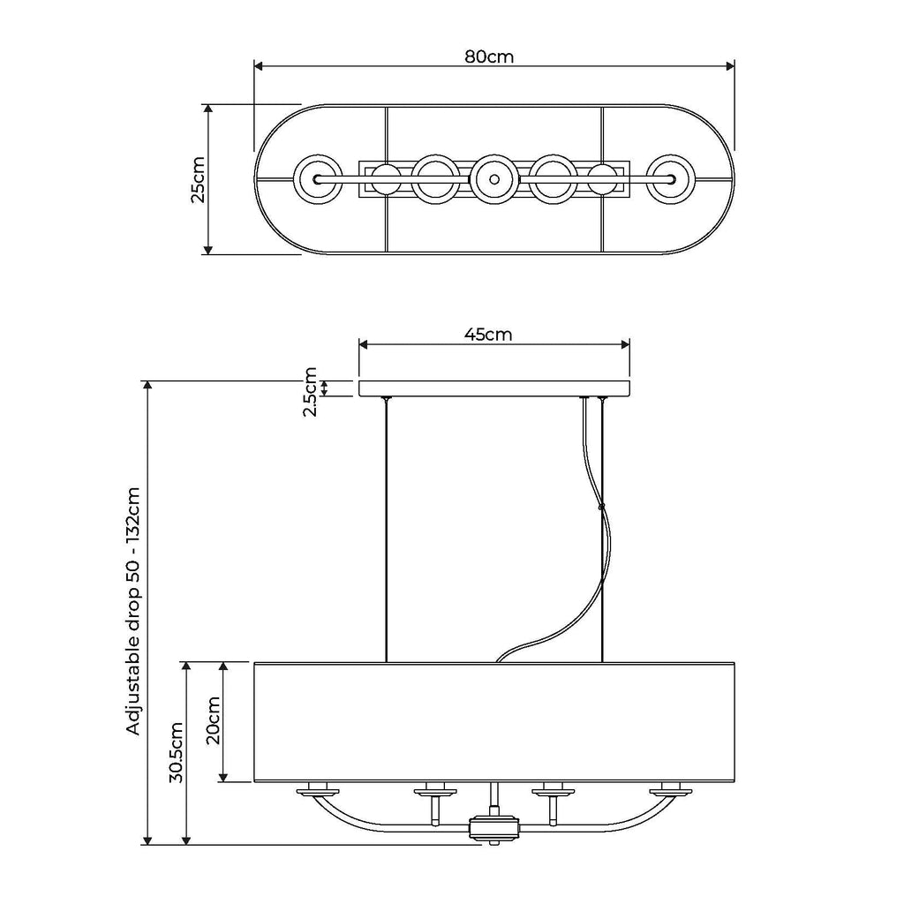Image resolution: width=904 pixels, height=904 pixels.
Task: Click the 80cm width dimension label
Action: coord(489,56)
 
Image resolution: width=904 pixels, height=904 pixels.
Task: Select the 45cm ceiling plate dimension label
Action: coord(488,334)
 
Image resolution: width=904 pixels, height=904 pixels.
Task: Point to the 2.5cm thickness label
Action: coord(310,392)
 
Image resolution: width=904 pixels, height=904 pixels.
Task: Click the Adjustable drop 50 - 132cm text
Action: coord(134,610)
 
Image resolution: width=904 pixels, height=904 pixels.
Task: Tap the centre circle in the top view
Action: coord(493,178)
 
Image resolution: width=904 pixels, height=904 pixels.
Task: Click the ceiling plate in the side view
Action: coord(493,388)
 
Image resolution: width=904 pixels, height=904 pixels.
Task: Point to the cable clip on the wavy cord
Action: coord(601,507)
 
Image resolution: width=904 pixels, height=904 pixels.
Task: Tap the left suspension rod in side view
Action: coord(387,530)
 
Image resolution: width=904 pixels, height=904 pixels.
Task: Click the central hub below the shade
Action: coord(493,828)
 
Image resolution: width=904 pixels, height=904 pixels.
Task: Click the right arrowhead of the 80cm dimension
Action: coord(730,65)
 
